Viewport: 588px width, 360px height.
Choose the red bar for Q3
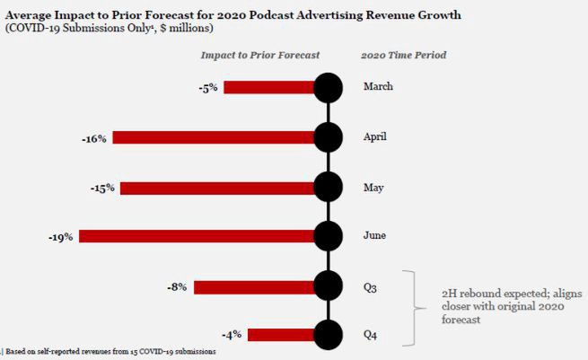tap(255, 287)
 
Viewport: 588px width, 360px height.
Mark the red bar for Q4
tap(282, 336)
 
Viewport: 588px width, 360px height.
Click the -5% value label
tap(208, 88)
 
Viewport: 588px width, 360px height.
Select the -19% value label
tap(62, 237)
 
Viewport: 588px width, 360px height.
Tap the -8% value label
tap(177, 287)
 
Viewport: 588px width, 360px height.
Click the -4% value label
tap(233, 336)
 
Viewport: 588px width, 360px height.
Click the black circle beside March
tap(329, 87)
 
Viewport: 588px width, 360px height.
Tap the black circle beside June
tap(329, 237)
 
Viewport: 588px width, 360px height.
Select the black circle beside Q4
tap(329, 336)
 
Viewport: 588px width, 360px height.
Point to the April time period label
tap(374, 138)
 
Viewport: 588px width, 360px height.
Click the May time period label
tap(373, 188)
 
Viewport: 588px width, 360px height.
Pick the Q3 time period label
tap(371, 287)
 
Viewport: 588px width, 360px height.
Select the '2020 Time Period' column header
tap(403, 55)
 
